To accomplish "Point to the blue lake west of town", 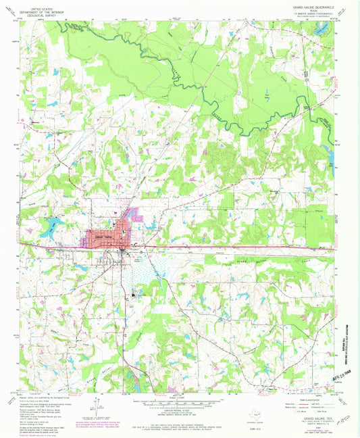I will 49,230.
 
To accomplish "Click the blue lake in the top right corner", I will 323,27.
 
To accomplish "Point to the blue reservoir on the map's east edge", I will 332,155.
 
